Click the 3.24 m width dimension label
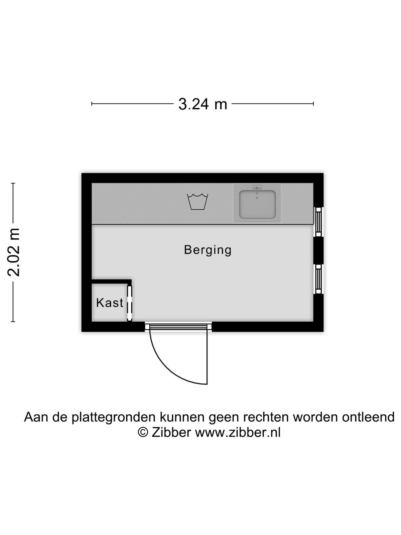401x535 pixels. pos(203,104)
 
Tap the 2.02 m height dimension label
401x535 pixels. pos(13,252)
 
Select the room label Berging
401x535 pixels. pos(208,250)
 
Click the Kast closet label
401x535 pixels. pos(110,303)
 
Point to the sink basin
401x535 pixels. pos(257,204)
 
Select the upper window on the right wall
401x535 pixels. pos(318,222)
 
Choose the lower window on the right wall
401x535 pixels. pos(318,279)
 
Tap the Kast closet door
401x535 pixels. pos(130,303)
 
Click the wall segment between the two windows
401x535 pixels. pos(318,250)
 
